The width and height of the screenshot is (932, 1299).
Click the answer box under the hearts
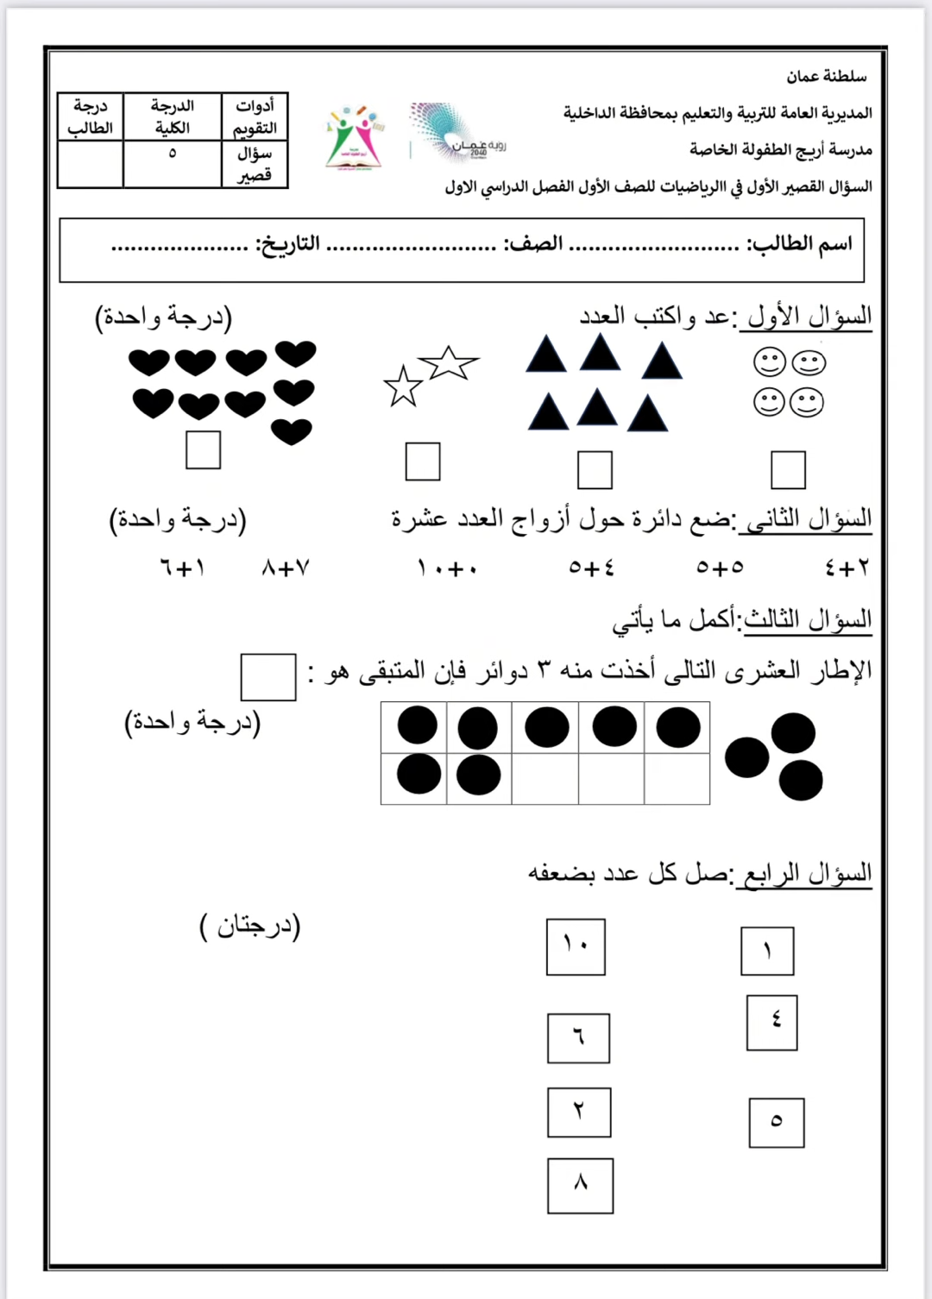click(204, 450)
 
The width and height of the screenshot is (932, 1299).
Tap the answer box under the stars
click(423, 461)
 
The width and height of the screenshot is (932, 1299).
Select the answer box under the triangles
click(595, 470)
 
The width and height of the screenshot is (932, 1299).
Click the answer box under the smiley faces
click(788, 470)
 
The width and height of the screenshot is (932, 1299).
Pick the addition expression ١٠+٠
click(447, 568)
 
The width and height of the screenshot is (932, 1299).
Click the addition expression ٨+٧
click(286, 568)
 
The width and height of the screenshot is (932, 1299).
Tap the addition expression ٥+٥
click(720, 568)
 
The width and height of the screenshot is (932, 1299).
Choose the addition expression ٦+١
click(182, 568)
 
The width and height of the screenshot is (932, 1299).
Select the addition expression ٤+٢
click(847, 568)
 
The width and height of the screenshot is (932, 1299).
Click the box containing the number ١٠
click(576, 947)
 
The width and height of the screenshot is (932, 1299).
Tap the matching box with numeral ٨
click(580, 1186)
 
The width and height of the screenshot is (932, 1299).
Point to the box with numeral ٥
click(776, 1122)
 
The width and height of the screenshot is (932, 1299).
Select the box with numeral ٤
click(771, 1022)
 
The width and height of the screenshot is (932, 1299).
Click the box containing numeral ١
click(767, 951)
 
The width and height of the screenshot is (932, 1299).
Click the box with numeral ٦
click(578, 1038)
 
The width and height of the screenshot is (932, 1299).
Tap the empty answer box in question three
click(268, 677)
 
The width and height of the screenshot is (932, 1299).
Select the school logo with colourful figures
click(354, 138)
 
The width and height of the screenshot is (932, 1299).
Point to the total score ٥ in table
click(172, 154)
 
